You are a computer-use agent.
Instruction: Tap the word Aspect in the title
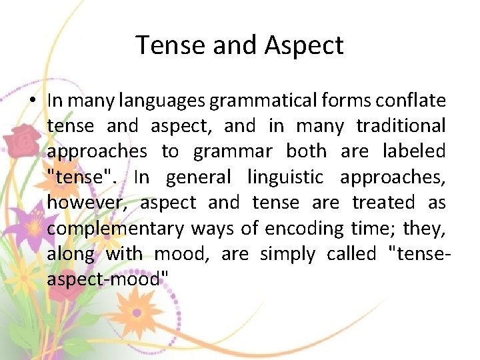coord(304,45)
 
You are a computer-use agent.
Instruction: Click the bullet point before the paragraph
coord(32,101)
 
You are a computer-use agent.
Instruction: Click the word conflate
coord(410,101)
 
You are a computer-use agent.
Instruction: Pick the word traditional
coord(401,126)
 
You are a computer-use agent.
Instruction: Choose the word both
coord(306,151)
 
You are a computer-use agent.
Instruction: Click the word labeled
coord(413,151)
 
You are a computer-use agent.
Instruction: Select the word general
coord(198,177)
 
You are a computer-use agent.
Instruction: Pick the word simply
coord(288,254)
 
